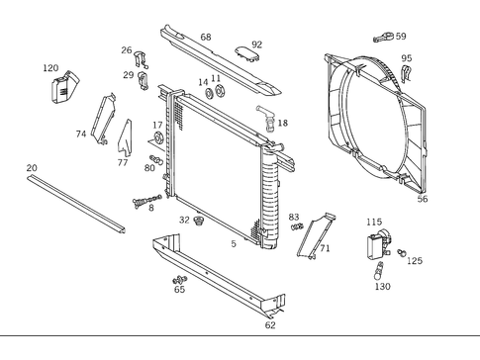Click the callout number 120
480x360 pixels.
[50, 68]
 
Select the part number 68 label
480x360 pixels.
[206, 38]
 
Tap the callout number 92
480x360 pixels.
[256, 45]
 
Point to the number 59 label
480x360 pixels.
[400, 37]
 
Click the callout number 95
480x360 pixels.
[406, 58]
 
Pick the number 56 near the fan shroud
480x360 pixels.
[423, 199]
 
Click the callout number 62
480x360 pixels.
[270, 324]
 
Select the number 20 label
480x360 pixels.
[32, 168]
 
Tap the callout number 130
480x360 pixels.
[382, 286]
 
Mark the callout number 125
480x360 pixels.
[414, 261]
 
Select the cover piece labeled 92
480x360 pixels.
[247, 55]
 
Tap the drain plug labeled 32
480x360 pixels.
[199, 220]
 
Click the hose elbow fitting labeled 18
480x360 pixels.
[265, 119]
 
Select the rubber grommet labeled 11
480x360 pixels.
[219, 94]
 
